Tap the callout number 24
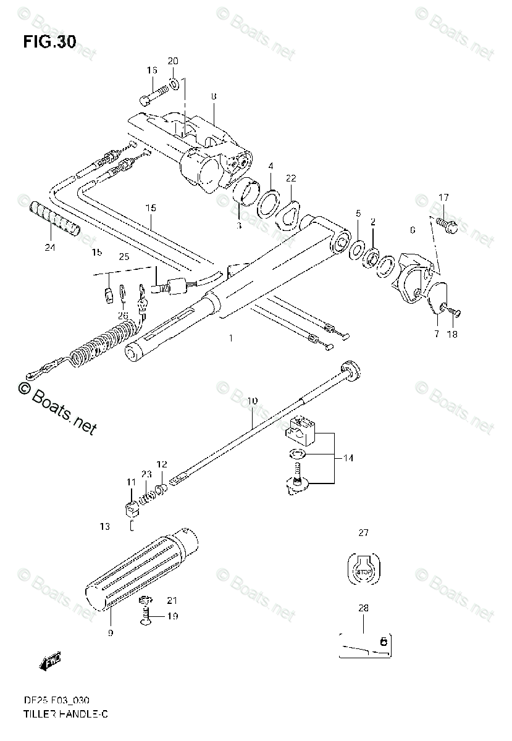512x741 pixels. click(49, 248)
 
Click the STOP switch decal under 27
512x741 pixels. click(364, 569)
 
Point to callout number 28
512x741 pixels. click(363, 608)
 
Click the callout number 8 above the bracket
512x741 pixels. click(213, 96)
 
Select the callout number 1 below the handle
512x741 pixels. click(230, 338)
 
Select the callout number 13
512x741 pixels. click(104, 527)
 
